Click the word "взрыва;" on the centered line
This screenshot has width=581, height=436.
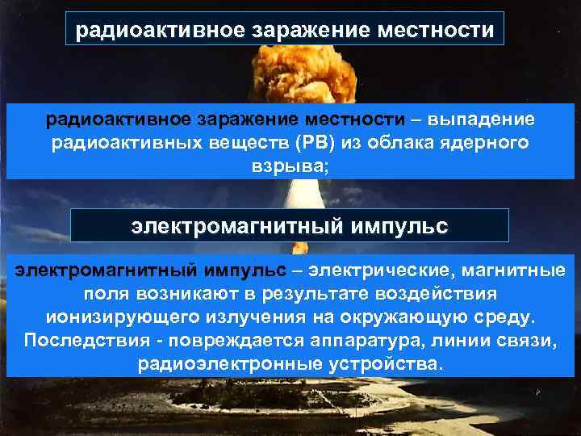click(290, 166)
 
